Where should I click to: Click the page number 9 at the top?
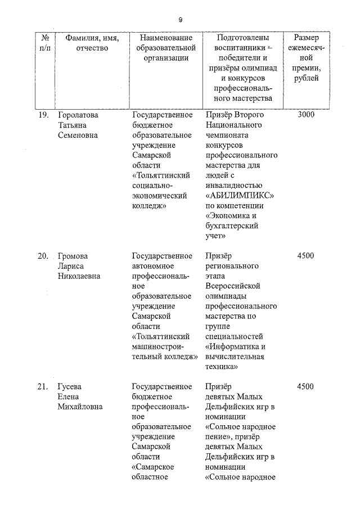click(x=181, y=20)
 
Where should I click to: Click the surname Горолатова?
click(x=78, y=115)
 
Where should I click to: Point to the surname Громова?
click(x=73, y=256)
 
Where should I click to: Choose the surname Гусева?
click(x=70, y=387)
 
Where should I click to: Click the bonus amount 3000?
click(x=305, y=115)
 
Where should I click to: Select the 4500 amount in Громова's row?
click(x=305, y=256)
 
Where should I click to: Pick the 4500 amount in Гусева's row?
click(x=305, y=387)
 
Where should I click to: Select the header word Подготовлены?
click(x=242, y=38)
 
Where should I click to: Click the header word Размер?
click(x=306, y=38)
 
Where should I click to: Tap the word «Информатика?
click(x=236, y=346)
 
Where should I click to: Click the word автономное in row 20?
click(x=154, y=266)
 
